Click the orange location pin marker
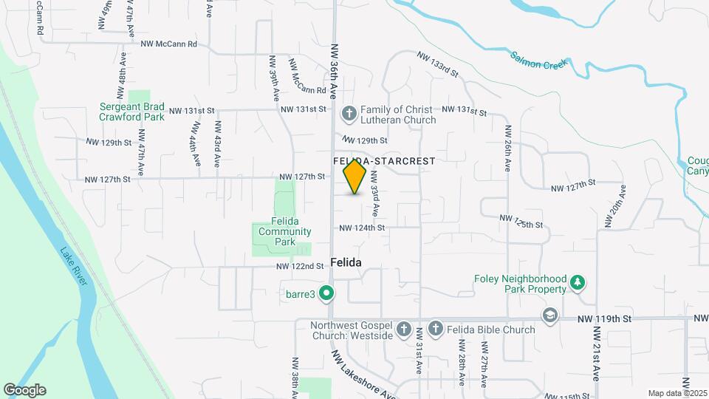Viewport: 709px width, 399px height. tap(354, 177)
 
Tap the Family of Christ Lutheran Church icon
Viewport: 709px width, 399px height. tap(349, 115)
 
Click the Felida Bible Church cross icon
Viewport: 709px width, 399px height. tap(435, 329)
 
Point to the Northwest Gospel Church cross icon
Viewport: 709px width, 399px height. tap(403, 329)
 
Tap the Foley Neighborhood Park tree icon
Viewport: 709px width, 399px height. tap(578, 284)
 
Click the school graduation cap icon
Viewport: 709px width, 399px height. tap(549, 316)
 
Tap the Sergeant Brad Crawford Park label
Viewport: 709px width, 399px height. tap(131, 112)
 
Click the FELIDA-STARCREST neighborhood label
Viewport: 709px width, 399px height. tap(384, 160)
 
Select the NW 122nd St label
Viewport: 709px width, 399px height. tap(301, 266)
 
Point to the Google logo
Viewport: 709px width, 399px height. tap(24, 390)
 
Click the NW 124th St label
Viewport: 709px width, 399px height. tap(362, 228)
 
